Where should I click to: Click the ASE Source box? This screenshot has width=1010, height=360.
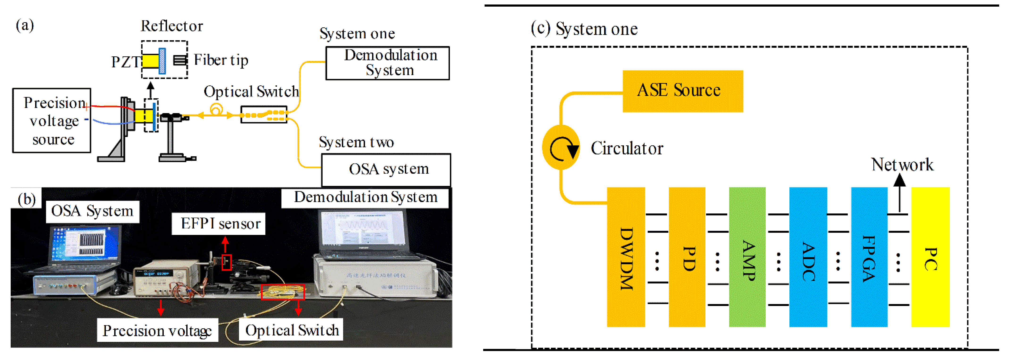pos(682,91)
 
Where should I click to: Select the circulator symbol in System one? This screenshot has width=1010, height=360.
pos(561,148)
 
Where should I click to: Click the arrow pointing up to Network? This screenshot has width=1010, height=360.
pos(899,192)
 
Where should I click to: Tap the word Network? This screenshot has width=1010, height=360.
pos(902,165)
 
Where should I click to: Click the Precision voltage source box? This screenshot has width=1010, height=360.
pos(52,120)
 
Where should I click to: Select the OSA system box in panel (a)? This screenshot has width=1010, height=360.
pos(386,169)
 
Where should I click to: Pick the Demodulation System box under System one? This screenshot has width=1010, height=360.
pos(387,63)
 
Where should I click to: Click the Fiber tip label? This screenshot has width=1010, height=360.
pos(221,60)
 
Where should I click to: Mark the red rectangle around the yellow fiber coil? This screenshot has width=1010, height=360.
pos(283,292)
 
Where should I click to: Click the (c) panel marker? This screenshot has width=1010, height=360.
pos(540,28)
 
